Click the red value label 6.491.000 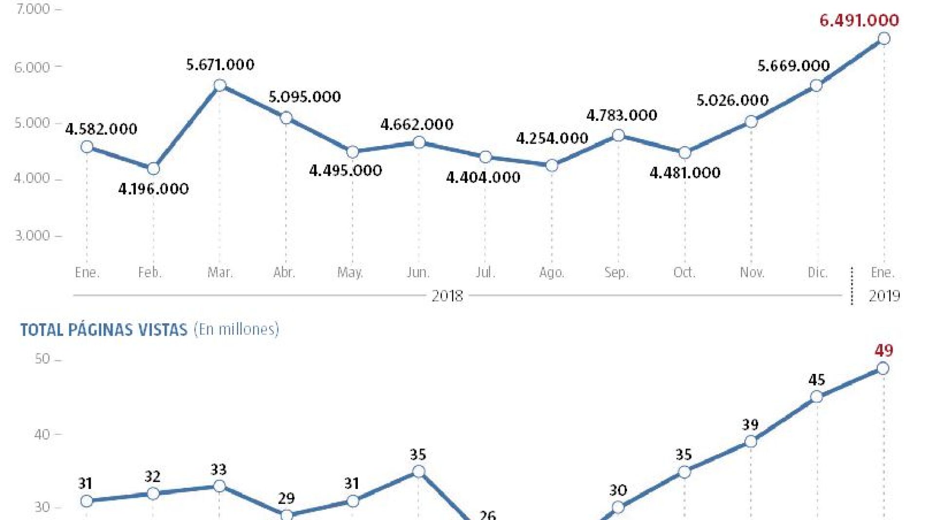[x=859, y=20]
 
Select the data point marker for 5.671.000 [x=220, y=86]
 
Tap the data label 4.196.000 [x=153, y=189]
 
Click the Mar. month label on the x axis [x=220, y=272]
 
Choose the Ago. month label [x=552, y=272]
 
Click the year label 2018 [x=447, y=296]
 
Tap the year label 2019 [x=884, y=296]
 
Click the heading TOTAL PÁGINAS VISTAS [x=104, y=330]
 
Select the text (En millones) [x=237, y=330]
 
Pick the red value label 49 [x=884, y=351]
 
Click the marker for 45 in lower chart [x=816, y=397]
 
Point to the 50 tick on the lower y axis [x=42, y=359]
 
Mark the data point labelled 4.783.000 [x=618, y=135]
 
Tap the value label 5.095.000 [x=305, y=97]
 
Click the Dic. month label [x=817, y=272]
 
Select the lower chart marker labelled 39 [x=751, y=442]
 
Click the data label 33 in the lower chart [x=219, y=470]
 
